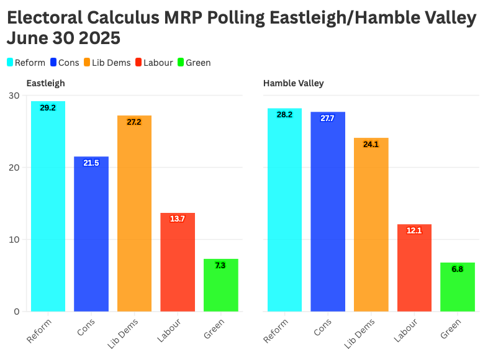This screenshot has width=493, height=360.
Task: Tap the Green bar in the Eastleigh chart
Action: click(220, 285)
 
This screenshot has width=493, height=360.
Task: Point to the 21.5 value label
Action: click(91, 163)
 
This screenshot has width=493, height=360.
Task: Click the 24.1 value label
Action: click(371, 145)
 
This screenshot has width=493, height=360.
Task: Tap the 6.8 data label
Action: click(457, 269)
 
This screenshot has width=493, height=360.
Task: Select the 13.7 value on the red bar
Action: click(178, 219)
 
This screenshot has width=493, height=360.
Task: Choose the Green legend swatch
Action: click(181, 63)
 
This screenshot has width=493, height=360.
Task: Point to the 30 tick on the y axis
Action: click(14, 96)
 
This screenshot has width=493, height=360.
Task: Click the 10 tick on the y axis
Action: click(14, 240)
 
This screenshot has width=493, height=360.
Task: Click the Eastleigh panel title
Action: click(45, 83)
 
